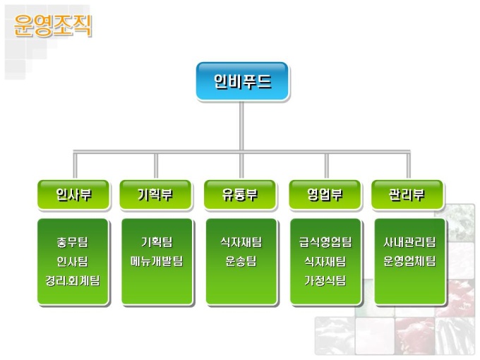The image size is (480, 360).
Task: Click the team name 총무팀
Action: click(73, 242)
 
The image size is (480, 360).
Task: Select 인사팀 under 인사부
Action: click(73, 261)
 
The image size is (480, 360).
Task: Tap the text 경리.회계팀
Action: click(73, 280)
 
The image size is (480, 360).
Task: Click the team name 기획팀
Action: click(156, 242)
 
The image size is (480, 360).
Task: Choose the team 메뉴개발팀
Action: click(156, 261)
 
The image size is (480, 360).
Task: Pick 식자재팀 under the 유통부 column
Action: click(241, 242)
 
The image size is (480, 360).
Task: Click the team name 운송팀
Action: click(241, 261)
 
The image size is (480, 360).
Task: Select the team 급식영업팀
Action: click(325, 242)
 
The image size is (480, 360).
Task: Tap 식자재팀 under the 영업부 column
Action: click(325, 261)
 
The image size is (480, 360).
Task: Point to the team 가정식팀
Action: click(325, 280)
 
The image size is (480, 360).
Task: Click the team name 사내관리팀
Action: click(409, 242)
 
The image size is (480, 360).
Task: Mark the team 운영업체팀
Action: click(409, 261)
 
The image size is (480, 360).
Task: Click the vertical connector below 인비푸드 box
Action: click(241, 127)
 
